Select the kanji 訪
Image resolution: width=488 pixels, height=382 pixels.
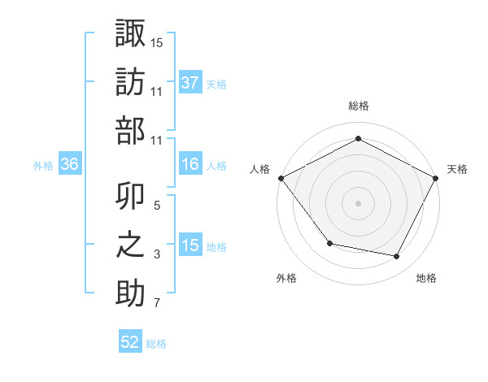point(130,82)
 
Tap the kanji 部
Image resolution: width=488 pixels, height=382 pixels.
point(130,130)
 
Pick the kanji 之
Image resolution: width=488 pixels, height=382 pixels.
point(130,245)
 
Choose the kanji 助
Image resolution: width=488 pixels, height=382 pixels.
point(130,293)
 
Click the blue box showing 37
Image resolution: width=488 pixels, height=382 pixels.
point(190,82)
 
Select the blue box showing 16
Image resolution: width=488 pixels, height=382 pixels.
point(190,164)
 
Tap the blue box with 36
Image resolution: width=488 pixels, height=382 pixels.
point(69,164)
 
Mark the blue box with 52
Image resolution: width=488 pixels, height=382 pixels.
point(130,342)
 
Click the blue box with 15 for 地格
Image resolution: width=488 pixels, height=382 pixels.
point(190,245)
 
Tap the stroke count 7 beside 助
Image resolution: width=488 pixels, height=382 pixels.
point(156,303)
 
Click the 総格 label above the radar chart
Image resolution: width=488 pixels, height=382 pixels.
point(358,106)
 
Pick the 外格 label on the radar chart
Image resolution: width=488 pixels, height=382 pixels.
point(286,278)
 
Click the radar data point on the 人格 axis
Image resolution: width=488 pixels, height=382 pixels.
point(281,177)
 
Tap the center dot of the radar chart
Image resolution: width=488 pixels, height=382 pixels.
point(358,202)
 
